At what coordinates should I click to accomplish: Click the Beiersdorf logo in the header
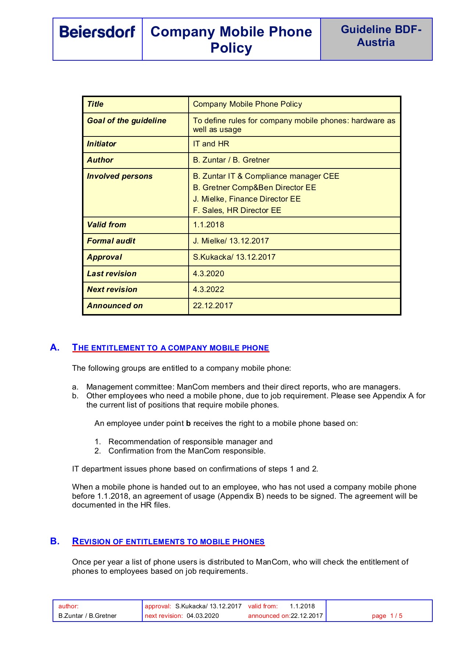click(x=97, y=32)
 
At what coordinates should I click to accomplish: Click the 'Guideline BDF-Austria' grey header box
click(x=376, y=39)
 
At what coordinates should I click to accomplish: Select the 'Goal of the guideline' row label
click(x=126, y=121)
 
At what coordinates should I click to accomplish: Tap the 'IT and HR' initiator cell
click(x=211, y=144)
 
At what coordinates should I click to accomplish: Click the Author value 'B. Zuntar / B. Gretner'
click(x=231, y=160)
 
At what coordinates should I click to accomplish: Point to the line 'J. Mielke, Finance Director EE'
click(x=247, y=199)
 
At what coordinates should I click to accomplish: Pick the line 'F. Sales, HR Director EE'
click(x=237, y=210)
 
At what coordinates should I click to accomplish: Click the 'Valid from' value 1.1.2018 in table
click(x=208, y=225)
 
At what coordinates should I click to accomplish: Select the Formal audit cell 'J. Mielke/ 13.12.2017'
click(x=231, y=241)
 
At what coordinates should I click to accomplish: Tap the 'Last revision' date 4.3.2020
click(x=208, y=274)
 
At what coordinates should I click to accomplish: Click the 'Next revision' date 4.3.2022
click(x=208, y=289)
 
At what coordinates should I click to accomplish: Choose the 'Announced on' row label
click(x=115, y=306)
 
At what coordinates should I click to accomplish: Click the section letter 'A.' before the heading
click(x=55, y=348)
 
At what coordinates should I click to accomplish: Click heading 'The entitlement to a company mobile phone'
click(x=171, y=348)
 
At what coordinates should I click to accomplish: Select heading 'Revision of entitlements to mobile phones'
click(x=168, y=541)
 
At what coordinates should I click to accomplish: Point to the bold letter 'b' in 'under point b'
click(x=188, y=423)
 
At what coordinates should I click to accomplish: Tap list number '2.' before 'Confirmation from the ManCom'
click(x=97, y=451)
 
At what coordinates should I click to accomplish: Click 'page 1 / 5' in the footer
click(x=387, y=616)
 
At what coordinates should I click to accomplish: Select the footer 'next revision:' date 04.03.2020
click(x=203, y=616)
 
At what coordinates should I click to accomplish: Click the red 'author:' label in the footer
click(x=68, y=606)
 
